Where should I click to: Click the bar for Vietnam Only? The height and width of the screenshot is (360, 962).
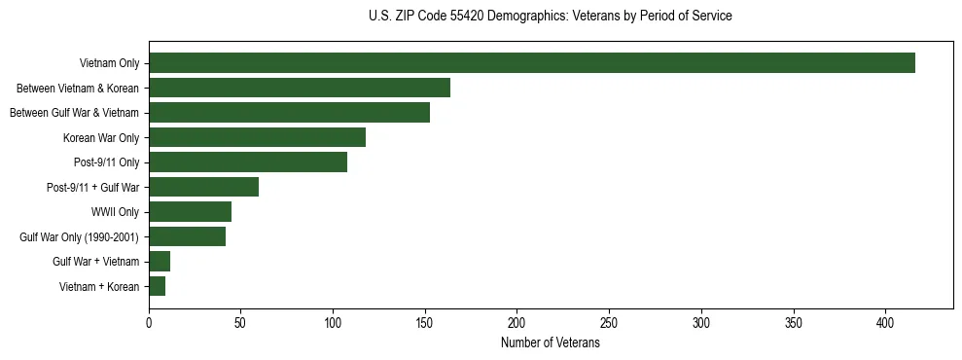tap(532, 63)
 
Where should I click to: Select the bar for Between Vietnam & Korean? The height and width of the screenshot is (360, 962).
tap(300, 88)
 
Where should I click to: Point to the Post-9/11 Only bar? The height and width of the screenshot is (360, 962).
tap(248, 162)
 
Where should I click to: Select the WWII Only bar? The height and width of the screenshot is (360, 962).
tap(190, 212)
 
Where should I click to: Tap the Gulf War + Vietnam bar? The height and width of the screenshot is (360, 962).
tap(160, 262)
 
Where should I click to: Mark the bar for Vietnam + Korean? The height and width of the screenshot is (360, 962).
tap(157, 286)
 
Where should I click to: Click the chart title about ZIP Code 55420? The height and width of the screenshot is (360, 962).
tap(551, 17)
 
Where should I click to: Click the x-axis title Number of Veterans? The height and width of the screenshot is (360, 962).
tap(550, 343)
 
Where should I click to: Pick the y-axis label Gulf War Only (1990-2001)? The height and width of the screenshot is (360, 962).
tap(79, 237)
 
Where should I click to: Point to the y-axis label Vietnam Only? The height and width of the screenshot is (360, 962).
tap(109, 64)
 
